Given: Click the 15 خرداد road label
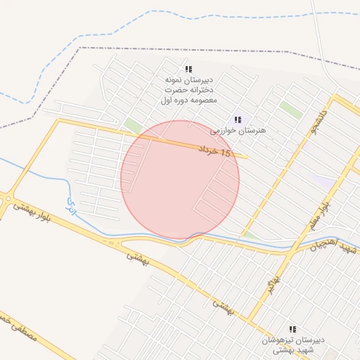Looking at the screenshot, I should point(214,151).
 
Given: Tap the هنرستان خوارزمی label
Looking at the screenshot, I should point(237,131).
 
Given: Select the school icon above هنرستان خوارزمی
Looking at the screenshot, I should point(237,120).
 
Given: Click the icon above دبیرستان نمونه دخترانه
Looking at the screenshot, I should point(188,69).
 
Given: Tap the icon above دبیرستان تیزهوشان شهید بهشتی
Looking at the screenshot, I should point(293,328).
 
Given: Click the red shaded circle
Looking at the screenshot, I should point(180,179).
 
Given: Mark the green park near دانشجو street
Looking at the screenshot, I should point(290,110).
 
